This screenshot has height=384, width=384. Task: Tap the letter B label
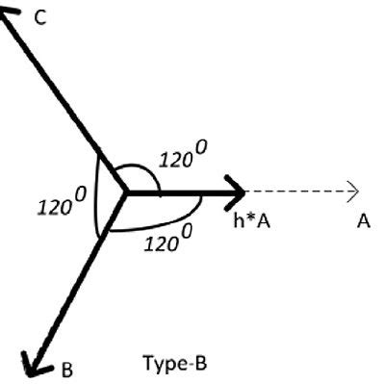[x=66, y=368]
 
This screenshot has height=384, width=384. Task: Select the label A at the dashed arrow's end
[x=362, y=221]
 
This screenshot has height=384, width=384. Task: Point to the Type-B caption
[x=174, y=364]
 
